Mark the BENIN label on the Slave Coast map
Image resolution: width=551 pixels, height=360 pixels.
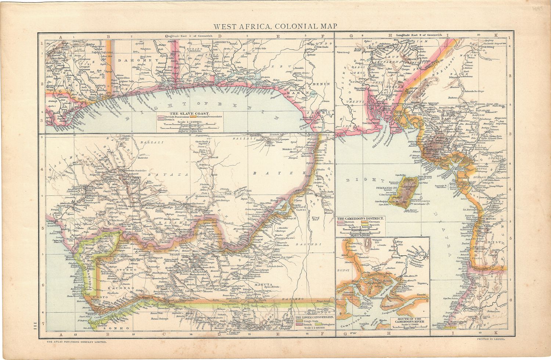click(322, 84)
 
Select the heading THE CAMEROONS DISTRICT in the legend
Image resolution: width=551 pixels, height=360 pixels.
click(360, 218)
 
